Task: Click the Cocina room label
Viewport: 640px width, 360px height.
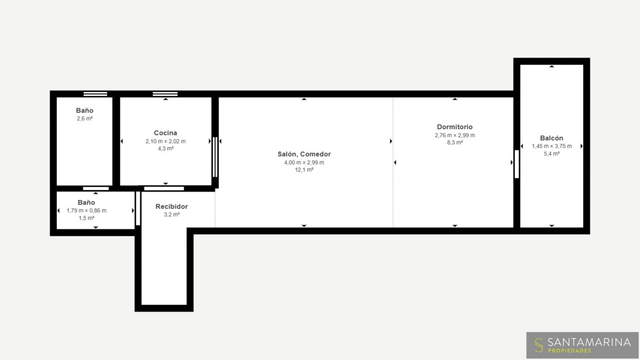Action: tap(165, 133)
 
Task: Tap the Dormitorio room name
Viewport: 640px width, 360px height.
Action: tap(454, 127)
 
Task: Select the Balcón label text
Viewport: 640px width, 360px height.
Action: tap(551, 138)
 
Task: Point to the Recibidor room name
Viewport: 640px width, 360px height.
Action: tap(171, 206)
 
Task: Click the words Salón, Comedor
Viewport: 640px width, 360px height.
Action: tap(304, 154)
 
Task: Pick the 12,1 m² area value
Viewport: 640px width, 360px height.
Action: tap(304, 170)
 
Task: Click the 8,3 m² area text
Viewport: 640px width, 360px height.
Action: tap(454, 142)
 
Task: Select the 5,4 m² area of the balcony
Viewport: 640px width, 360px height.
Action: tap(551, 154)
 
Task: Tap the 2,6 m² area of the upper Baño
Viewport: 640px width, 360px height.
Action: tap(85, 118)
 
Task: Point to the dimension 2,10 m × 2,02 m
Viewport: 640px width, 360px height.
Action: tap(165, 141)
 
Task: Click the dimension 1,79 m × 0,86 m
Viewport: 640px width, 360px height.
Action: tap(86, 211)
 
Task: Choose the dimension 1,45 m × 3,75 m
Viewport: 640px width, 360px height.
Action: tap(551, 146)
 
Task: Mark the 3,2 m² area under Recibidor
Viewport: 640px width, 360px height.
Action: tap(171, 214)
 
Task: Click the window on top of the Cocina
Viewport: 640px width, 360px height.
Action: tap(165, 94)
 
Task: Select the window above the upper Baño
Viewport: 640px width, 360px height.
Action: tap(95, 94)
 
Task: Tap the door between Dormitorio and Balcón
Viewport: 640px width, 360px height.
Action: tap(517, 164)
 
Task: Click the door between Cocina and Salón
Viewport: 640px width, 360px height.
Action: tap(215, 157)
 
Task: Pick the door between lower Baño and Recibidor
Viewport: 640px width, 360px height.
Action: tap(138, 209)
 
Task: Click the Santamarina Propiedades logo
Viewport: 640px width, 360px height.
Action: tap(582, 345)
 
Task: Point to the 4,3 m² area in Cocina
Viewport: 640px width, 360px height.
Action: tap(165, 149)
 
